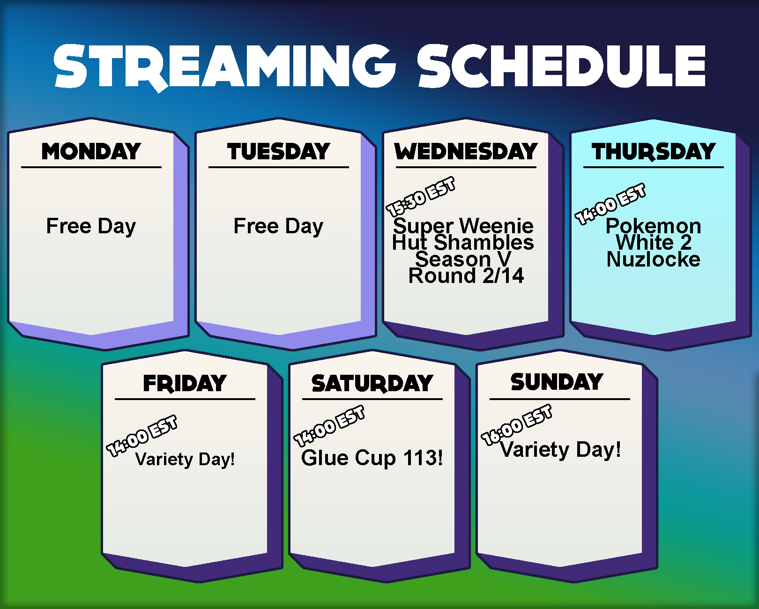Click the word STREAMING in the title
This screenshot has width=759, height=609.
(x=224, y=67)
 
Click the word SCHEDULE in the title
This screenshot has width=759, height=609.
(x=561, y=66)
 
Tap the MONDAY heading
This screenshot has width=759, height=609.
(x=91, y=151)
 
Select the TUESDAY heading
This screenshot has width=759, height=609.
(x=279, y=151)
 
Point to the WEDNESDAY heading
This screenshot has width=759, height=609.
(x=466, y=151)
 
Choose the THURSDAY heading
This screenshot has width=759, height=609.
(x=654, y=152)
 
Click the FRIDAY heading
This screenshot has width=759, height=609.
(x=185, y=383)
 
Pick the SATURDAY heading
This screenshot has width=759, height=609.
(x=372, y=383)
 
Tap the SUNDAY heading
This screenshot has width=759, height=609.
(x=557, y=382)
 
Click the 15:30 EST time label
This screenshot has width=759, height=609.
(x=420, y=196)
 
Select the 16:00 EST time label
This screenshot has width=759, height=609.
(x=517, y=425)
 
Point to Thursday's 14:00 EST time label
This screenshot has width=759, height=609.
(x=610, y=204)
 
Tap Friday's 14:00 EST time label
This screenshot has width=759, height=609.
(x=142, y=436)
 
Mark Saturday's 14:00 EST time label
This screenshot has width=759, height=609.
(x=329, y=426)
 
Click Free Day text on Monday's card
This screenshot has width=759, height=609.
(x=91, y=226)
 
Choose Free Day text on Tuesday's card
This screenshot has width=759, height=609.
(x=278, y=226)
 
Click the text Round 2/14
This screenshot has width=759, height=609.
(x=466, y=275)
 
